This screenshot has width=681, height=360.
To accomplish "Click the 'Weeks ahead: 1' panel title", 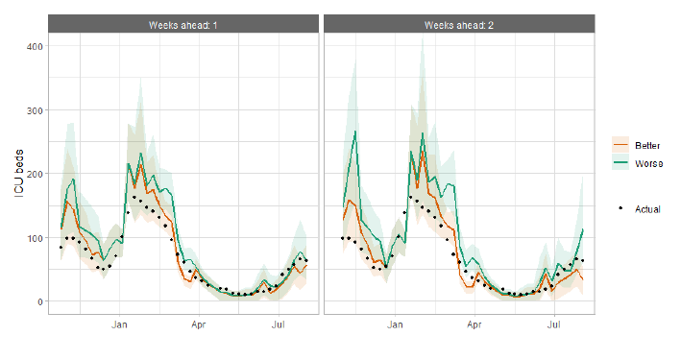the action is click(x=182, y=25).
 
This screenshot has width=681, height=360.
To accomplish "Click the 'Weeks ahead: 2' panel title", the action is click(x=458, y=25).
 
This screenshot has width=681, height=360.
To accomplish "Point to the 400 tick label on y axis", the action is click(x=35, y=46).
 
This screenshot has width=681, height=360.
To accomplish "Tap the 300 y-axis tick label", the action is click(x=35, y=110).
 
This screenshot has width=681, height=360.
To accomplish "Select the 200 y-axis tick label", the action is click(x=35, y=174).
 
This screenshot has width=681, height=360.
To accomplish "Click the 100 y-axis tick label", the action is click(x=35, y=238).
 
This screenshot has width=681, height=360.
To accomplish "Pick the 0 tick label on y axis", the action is click(x=40, y=301).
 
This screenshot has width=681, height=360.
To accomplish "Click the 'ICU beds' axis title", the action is click(x=19, y=174).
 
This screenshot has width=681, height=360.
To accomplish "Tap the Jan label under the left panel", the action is click(x=119, y=324).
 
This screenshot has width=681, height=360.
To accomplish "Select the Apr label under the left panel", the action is click(x=199, y=324).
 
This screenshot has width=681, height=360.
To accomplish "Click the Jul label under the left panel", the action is click(x=278, y=324).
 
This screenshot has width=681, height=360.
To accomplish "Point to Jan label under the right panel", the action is click(x=395, y=324).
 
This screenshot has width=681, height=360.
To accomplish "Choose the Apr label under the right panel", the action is click(x=474, y=324).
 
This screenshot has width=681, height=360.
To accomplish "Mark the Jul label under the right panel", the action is click(x=554, y=324).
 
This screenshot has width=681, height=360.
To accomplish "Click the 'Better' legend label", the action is click(x=647, y=146).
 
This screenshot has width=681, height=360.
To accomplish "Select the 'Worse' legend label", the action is click(x=649, y=164).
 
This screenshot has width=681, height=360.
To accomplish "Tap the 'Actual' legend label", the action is click(x=647, y=209).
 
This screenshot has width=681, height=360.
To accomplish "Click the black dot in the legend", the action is click(x=620, y=209).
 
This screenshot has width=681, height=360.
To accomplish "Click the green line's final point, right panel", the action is click(x=582, y=229).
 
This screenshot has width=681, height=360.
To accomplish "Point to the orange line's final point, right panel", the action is click(x=582, y=279).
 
